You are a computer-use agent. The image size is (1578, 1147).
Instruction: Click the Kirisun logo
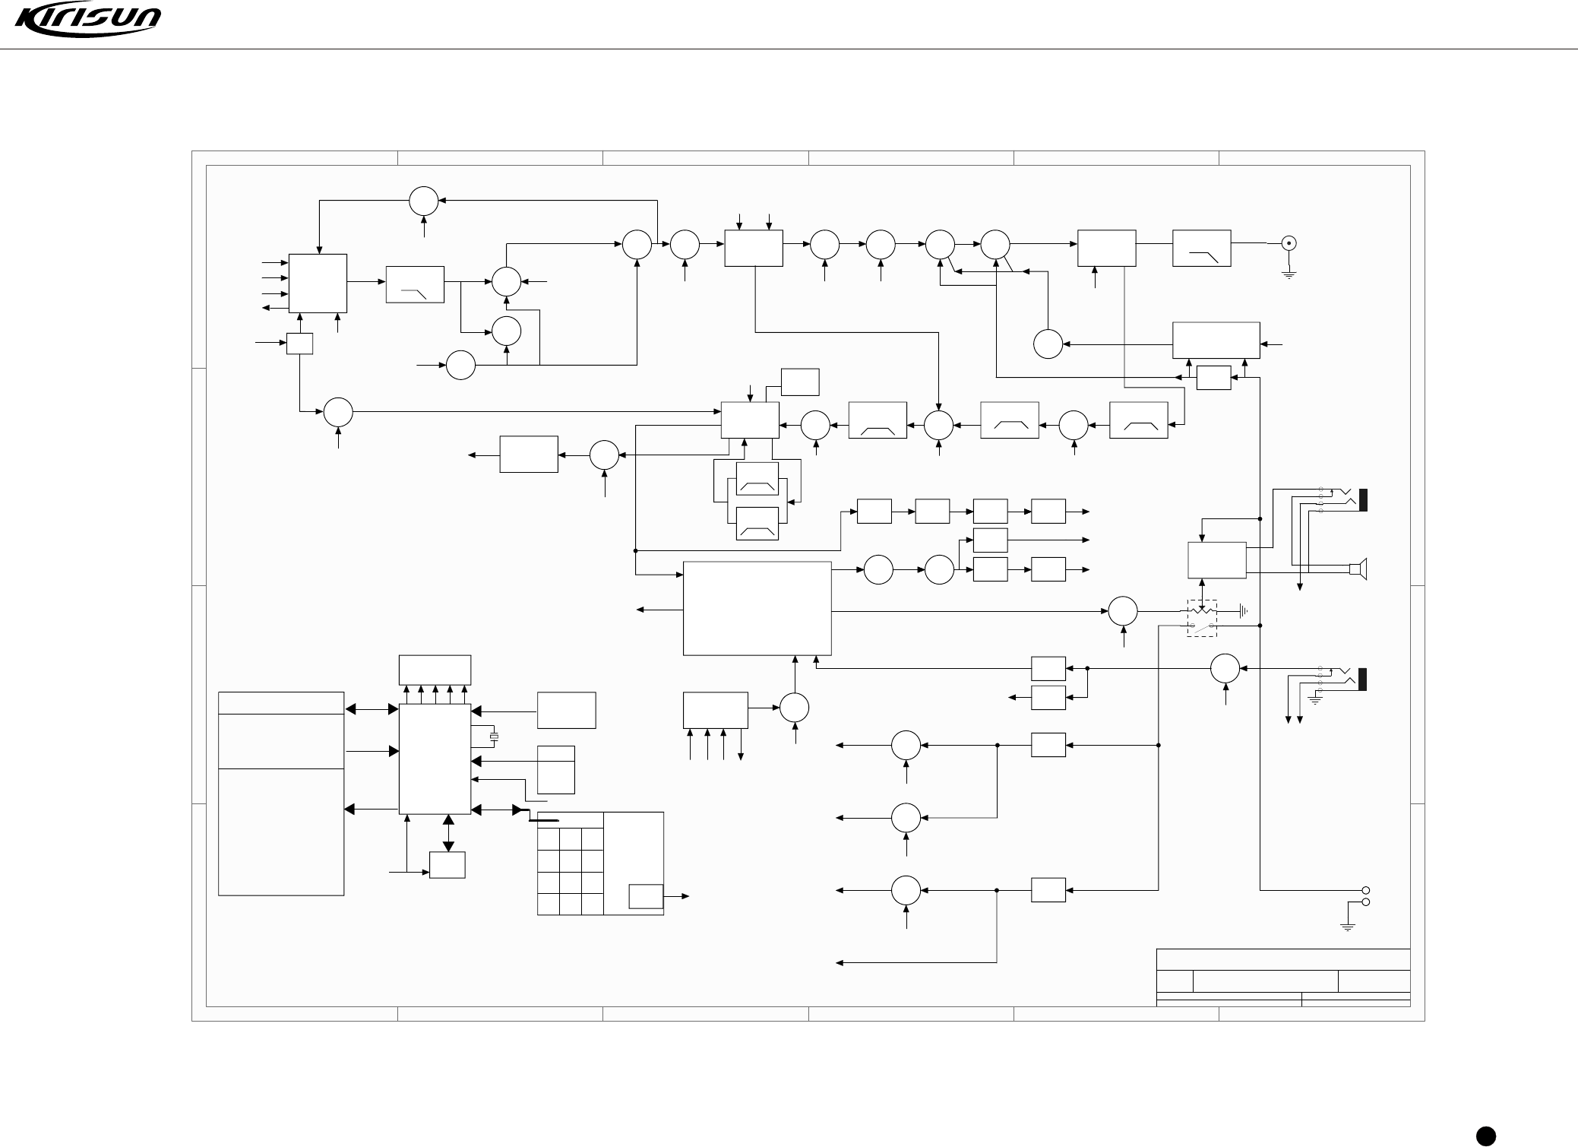88,21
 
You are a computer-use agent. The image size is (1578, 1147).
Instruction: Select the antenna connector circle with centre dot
1289,244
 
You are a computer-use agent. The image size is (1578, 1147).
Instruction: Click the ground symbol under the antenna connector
1289,274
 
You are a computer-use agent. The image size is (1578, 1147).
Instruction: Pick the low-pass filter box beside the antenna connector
1201,248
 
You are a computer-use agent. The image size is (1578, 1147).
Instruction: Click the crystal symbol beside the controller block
495,737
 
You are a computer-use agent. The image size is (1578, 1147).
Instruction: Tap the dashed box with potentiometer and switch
1202,618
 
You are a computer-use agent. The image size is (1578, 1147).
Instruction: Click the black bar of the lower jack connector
1363,679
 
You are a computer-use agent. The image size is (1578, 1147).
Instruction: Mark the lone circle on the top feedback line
424,201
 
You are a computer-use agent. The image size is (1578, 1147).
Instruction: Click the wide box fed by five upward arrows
435,669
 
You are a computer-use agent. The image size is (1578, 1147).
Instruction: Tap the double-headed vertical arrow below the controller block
448,833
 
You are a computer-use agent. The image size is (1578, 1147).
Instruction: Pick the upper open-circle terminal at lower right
1365,890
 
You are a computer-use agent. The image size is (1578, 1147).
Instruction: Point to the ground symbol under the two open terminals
1348,927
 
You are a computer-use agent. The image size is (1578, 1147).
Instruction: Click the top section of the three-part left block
281,703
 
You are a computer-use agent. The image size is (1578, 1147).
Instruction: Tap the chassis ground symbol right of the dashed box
1243,610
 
